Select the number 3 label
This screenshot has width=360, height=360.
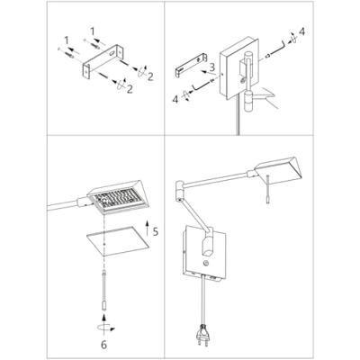point(211,67)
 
